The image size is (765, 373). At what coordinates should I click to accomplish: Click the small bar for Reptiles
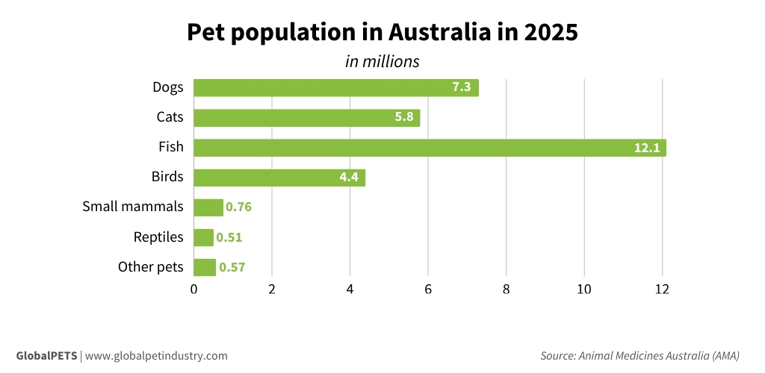203,237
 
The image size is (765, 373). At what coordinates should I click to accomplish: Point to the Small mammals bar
208,207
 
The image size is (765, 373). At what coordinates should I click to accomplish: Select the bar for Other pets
204,267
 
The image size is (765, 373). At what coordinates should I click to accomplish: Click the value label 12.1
646,148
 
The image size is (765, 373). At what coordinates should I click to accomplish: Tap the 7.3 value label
461,88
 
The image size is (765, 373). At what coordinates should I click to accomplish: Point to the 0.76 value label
239,207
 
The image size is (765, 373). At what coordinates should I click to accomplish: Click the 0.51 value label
229,237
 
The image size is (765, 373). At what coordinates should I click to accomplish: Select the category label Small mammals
132,207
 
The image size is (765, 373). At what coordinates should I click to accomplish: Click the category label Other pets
150,266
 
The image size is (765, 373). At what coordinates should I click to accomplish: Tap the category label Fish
170,147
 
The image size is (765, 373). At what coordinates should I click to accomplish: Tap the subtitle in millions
382,61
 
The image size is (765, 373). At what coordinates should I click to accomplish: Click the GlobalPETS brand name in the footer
46,356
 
